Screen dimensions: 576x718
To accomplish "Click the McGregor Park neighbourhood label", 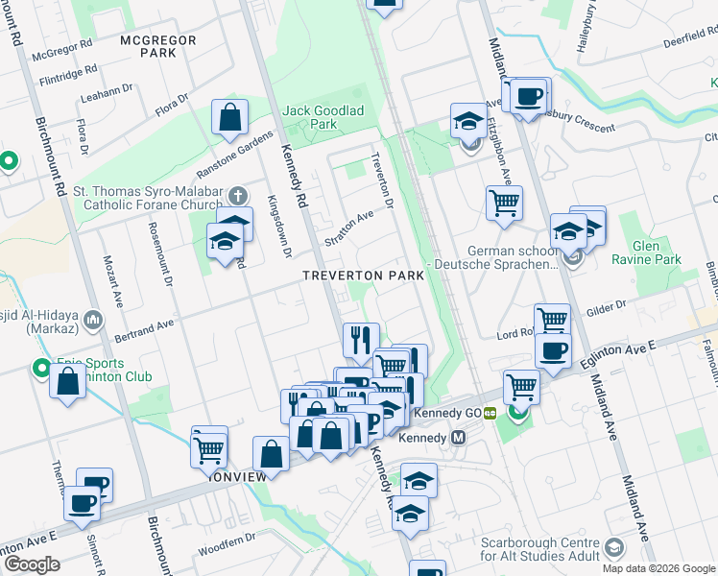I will click(x=158, y=46).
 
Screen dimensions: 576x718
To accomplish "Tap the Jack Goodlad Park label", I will click(x=323, y=117).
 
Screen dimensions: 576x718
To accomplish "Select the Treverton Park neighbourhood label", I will click(x=363, y=276).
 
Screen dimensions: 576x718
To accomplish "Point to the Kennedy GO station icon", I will click(x=490, y=413).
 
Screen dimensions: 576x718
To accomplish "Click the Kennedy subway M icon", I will click(x=459, y=437).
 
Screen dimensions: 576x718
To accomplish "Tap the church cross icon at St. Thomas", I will click(x=236, y=196).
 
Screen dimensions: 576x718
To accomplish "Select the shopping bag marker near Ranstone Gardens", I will click(x=230, y=119).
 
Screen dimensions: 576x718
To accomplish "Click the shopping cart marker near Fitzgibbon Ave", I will click(x=504, y=203).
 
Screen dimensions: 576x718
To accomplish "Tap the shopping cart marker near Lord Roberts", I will click(x=552, y=320).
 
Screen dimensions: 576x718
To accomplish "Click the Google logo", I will click(x=31, y=564).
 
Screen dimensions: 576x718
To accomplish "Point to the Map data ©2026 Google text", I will click(x=658, y=568).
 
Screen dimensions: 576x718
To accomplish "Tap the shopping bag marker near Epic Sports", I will click(x=67, y=383).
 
